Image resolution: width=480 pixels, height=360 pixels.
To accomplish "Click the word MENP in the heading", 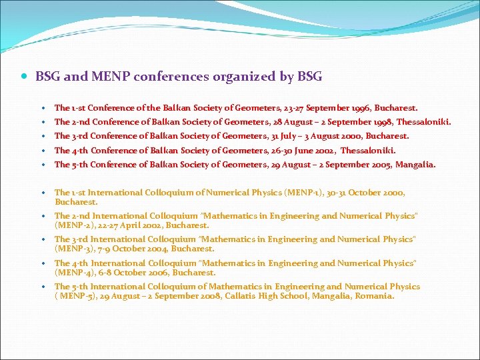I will pyautogui.click(x=109, y=77).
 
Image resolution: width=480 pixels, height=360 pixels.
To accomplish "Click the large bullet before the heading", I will pyautogui.click(x=24, y=77).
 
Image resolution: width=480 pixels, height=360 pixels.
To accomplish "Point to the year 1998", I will pyautogui.click(x=379, y=122).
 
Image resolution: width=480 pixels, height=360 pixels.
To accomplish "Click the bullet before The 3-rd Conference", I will pyautogui.click(x=43, y=137).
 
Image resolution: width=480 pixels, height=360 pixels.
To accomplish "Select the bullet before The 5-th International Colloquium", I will pyautogui.click(x=43, y=287).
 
